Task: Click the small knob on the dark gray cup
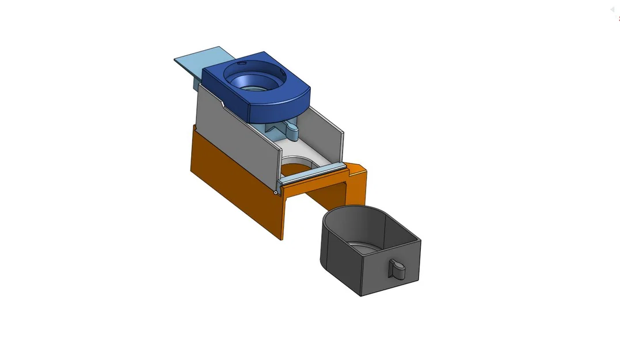click(x=397, y=268)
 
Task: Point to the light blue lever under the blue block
click(x=291, y=132)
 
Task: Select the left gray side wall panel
click(x=236, y=144)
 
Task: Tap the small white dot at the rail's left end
click(x=276, y=192)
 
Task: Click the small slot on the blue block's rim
click(x=242, y=62)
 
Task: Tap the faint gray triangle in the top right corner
click(x=612, y=9)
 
